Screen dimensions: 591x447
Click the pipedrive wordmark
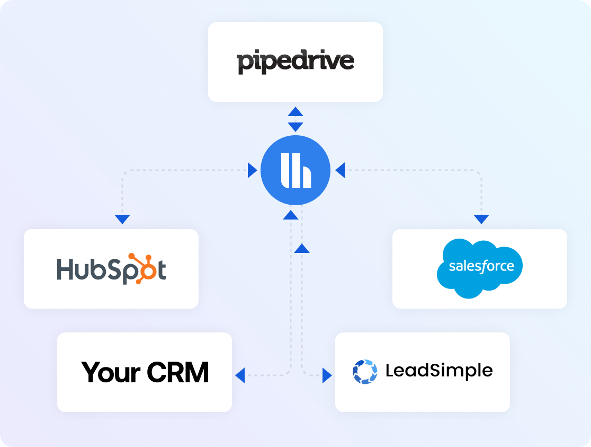click(x=295, y=62)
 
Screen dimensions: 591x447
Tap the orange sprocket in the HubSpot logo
click(x=145, y=269)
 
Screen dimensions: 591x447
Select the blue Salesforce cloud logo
click(x=479, y=268)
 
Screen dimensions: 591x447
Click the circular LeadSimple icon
click(x=365, y=372)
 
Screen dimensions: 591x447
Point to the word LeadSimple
click(x=439, y=370)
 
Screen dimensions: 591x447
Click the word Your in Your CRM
click(x=111, y=373)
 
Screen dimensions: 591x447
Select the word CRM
click(x=177, y=373)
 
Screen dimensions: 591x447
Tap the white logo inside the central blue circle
click(x=296, y=170)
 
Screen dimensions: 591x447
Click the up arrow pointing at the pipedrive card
click(x=295, y=111)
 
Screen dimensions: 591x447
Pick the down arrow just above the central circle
click(x=295, y=127)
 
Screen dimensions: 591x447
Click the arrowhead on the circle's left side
click(x=253, y=170)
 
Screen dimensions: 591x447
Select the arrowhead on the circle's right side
click(x=340, y=170)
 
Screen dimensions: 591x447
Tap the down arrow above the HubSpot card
click(x=122, y=220)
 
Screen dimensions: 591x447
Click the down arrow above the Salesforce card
click(x=481, y=220)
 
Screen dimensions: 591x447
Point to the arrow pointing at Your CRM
click(x=240, y=375)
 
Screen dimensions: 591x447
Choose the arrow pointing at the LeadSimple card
click(x=327, y=375)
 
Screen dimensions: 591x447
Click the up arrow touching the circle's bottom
click(x=291, y=215)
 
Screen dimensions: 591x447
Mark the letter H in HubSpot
click(x=64, y=269)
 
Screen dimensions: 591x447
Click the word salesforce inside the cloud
click(x=481, y=266)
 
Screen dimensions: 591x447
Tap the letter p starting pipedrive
click(x=244, y=64)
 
